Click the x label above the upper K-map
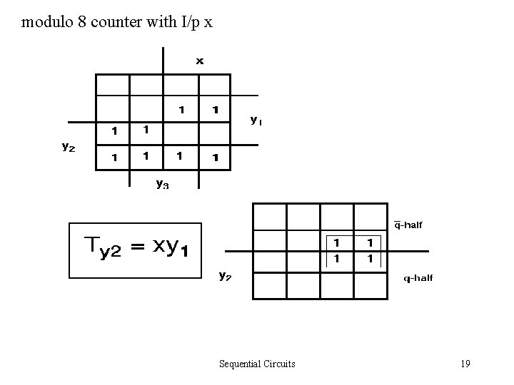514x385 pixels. (200, 61)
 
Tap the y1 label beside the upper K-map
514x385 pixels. (256, 120)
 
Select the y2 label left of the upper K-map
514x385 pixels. (68, 147)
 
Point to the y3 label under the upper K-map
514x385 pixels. (163, 184)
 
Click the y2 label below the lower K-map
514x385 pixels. (225, 274)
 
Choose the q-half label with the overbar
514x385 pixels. (408, 225)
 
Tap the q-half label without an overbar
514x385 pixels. (418, 278)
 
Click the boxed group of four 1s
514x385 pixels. (353, 251)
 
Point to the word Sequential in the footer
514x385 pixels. (241, 364)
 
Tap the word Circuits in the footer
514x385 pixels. (279, 364)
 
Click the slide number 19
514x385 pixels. (465, 364)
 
